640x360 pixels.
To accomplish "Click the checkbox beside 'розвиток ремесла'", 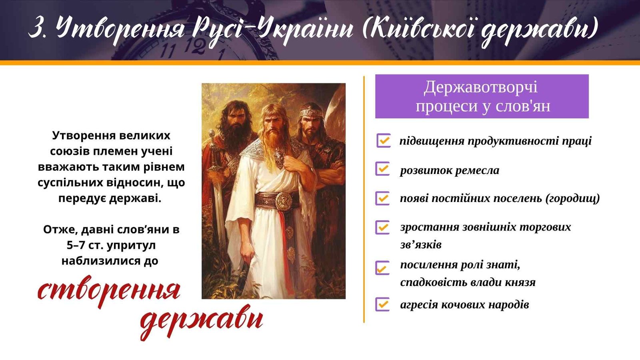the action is pos(383,169).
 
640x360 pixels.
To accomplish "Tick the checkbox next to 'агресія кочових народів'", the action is pos(383,304).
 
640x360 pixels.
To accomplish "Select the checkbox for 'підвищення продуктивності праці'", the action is pos(384,140).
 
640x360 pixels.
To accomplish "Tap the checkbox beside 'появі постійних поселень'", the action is pos(383,198).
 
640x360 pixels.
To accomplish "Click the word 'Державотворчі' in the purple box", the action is pos(481,87).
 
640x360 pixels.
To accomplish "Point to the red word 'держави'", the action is pos(202,322).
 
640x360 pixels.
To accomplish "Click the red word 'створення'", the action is pos(109,291).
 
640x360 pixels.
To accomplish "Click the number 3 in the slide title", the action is pos(36,28).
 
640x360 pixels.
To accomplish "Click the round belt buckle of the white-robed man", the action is pos(284,201).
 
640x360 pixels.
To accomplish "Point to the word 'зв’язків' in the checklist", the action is pos(420,245).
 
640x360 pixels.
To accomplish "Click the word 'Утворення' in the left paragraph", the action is pos(84,136).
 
